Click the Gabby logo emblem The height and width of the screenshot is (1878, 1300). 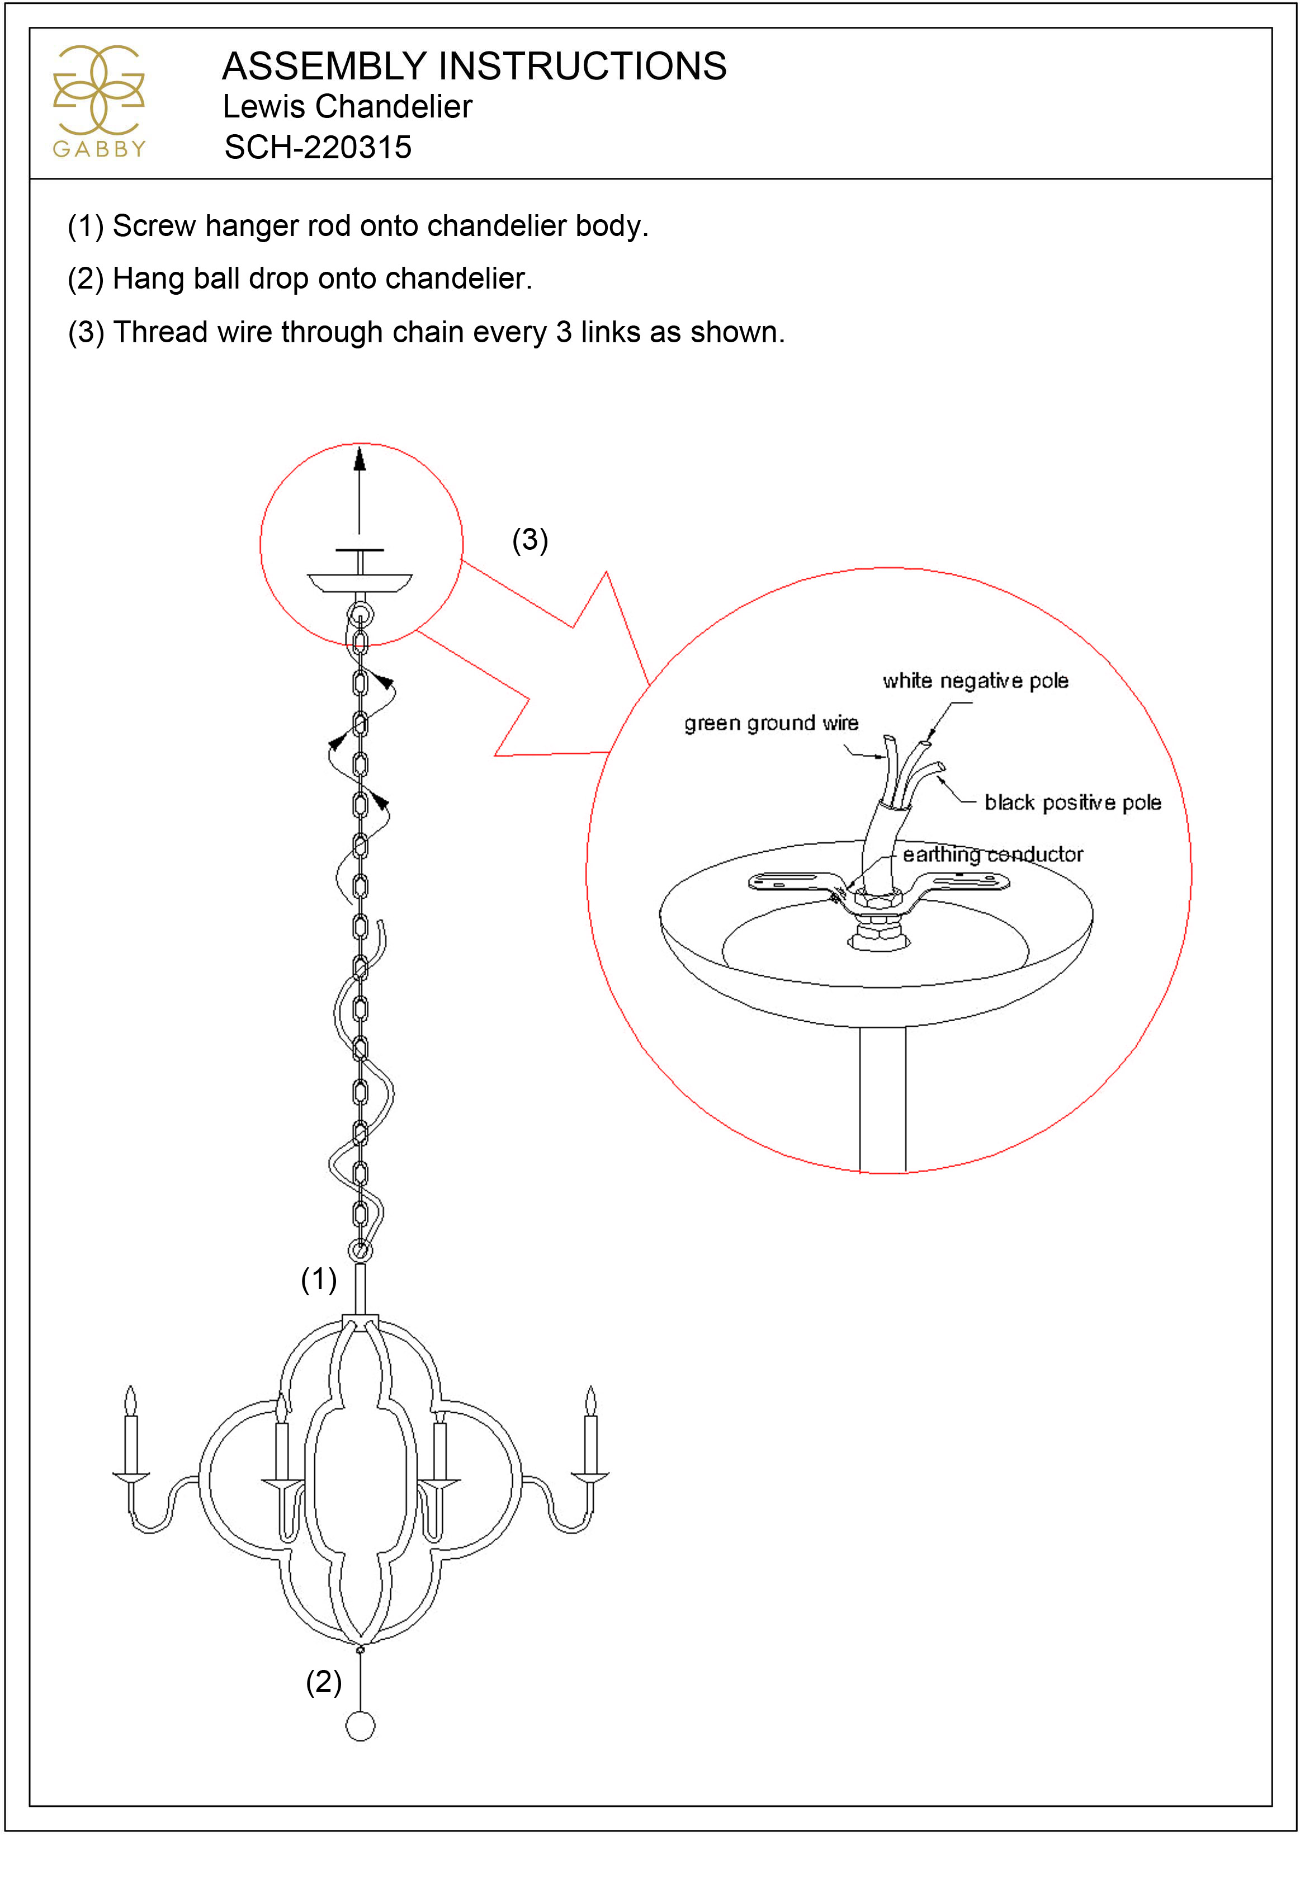98,89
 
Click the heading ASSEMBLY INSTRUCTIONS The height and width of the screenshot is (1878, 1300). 474,66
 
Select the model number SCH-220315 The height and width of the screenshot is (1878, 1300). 318,148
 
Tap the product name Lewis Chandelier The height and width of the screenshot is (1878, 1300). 347,107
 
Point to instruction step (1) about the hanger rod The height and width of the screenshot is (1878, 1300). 358,226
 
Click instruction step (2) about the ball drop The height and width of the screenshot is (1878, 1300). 300,279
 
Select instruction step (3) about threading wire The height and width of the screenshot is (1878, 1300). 426,332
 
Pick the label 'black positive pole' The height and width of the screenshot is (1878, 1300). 1073,803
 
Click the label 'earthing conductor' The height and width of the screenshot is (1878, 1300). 992,855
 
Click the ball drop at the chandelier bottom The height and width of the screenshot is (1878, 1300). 360,1726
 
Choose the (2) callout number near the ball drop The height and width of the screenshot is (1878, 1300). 323,1682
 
